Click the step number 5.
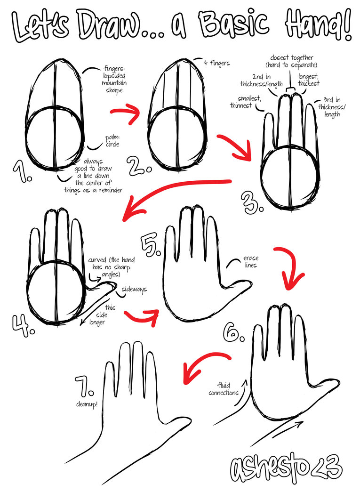[152, 242]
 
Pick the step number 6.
[234, 332]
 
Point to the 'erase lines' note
[251, 262]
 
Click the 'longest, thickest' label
[308, 80]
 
